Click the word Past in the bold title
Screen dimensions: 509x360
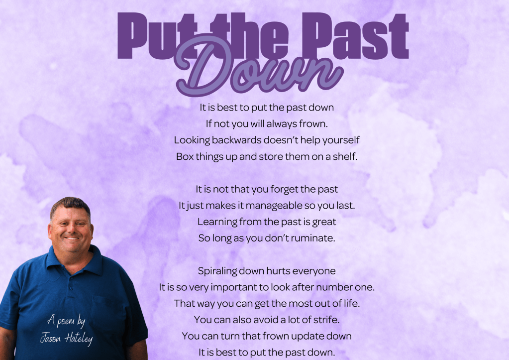[355, 36]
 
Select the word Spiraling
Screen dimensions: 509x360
[217, 271]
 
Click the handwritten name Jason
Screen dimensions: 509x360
[51, 338]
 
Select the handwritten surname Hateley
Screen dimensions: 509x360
[79, 339]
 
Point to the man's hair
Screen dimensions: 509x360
[70, 205]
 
